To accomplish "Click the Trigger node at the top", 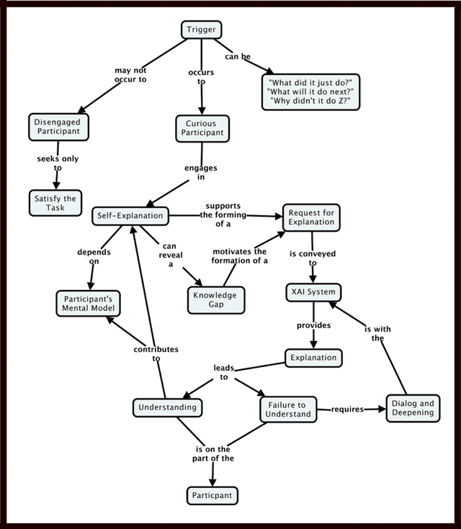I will point(200,30).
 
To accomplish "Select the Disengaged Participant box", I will point(58,127).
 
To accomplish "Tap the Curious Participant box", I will point(202,128).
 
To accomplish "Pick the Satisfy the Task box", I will point(55,202).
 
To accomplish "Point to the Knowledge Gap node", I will point(216,299).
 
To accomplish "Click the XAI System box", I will point(311,293).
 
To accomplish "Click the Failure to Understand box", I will point(287,409).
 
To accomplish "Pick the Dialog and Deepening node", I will point(413,408).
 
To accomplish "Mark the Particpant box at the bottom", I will point(212,495).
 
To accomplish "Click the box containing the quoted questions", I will point(311,91).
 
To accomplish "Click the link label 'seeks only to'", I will point(58,163).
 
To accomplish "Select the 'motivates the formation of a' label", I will point(240,256).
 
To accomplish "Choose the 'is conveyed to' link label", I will point(313,258).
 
